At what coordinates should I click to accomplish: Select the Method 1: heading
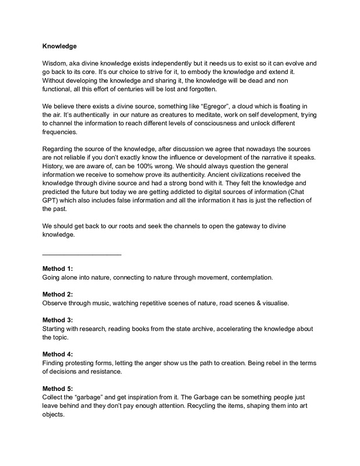(58, 269)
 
